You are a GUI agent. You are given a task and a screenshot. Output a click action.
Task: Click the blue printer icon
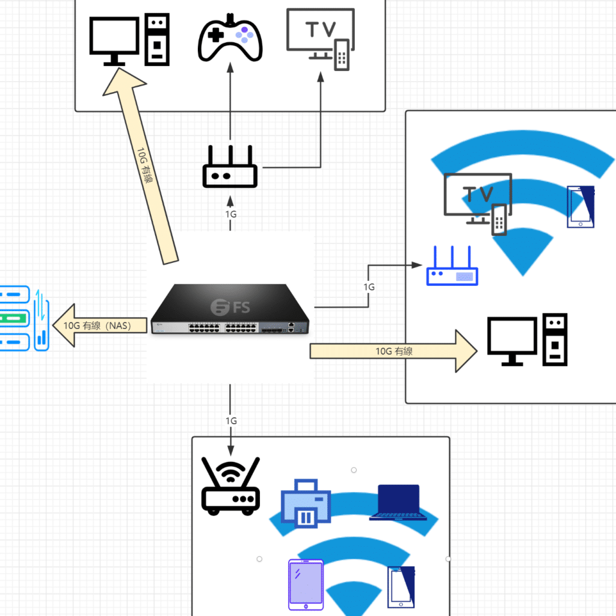tap(306, 504)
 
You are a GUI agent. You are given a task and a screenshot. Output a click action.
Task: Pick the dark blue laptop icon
tap(398, 502)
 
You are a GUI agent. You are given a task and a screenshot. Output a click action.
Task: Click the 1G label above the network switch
tap(230, 214)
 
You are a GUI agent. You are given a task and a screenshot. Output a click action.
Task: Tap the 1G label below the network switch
tap(230, 420)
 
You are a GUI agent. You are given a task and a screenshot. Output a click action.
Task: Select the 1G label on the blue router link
tap(369, 287)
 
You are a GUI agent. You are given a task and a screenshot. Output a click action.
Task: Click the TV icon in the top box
tap(319, 38)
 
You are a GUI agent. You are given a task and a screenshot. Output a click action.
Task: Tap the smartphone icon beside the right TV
tap(581, 207)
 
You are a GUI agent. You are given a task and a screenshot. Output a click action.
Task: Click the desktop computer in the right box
tap(527, 339)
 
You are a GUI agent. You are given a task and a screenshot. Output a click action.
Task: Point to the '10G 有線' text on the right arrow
tap(394, 351)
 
